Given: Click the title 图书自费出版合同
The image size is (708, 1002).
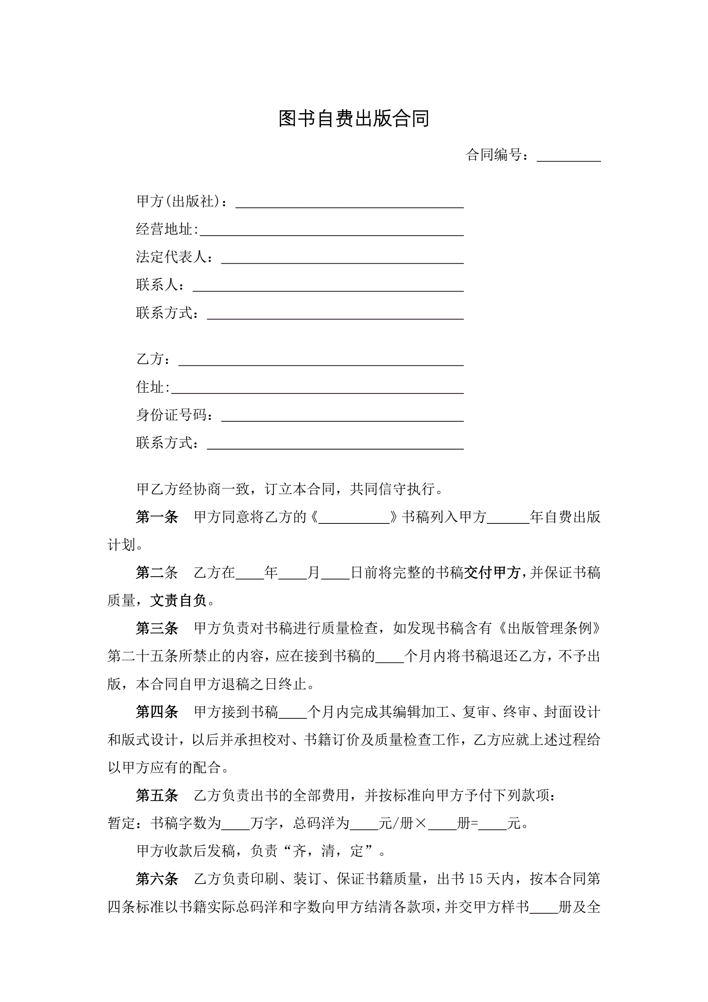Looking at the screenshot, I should click(353, 119).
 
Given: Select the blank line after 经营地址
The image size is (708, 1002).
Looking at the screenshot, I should click(331, 230).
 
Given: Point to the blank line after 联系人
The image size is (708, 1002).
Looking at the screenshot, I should click(328, 286).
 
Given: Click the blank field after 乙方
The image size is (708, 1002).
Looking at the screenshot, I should click(321, 361).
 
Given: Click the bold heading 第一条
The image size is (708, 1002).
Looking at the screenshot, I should click(157, 517).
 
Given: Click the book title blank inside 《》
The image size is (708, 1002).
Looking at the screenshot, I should click(354, 518).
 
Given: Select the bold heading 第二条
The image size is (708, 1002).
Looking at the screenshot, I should click(157, 573).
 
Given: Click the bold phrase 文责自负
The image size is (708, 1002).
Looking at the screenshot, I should click(178, 601).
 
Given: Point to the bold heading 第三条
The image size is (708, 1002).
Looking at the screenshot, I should click(157, 628).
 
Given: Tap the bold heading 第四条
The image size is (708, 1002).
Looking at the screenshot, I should click(157, 712).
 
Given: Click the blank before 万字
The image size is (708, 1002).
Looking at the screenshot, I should click(236, 824).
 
